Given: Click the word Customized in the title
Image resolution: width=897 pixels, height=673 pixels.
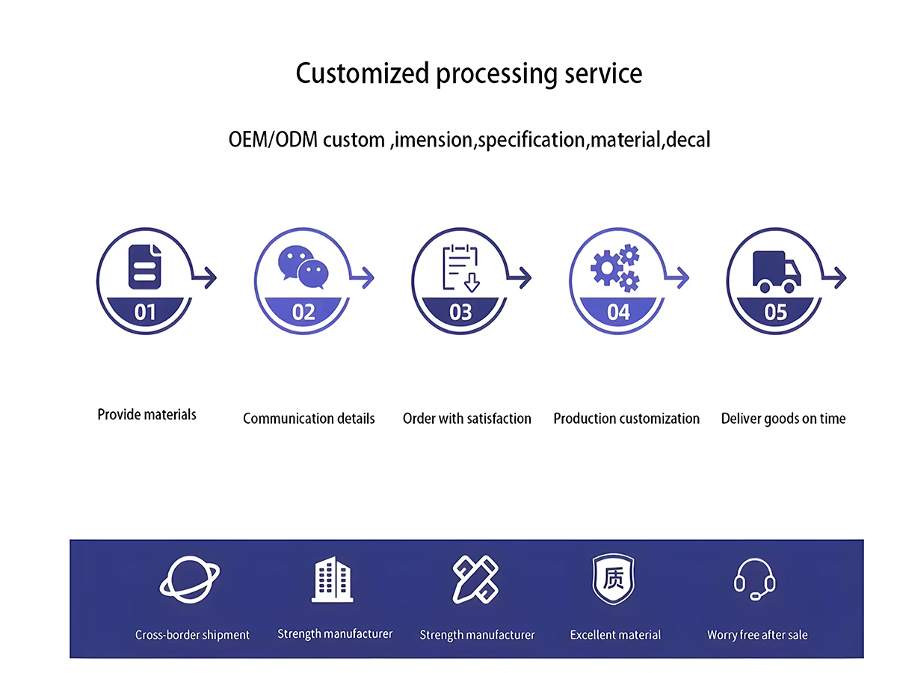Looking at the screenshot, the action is tap(363, 74).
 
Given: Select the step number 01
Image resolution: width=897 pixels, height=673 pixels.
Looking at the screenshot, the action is tap(145, 311).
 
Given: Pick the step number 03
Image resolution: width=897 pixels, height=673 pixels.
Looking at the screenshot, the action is tap(460, 311).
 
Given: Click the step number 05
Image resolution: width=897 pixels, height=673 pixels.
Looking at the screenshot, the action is tap(776, 311).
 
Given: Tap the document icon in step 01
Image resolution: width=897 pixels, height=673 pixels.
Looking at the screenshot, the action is tap(145, 266).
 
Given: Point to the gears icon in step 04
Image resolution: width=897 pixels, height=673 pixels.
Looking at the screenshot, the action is tap(616, 268).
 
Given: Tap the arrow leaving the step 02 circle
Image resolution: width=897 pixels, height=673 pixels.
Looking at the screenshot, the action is tap(365, 278).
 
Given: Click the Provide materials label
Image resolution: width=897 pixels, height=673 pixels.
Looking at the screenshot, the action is tap(147, 414).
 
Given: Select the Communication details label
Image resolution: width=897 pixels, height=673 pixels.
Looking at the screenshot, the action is tap(309, 419).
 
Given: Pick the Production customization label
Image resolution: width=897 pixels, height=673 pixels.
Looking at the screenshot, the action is tap(626, 419).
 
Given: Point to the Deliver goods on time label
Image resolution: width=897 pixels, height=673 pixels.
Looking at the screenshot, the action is tap(783, 419).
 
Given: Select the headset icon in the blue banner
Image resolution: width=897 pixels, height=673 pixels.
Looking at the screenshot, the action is tap(755, 579).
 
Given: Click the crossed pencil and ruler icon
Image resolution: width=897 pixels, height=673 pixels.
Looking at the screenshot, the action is tap(476, 580).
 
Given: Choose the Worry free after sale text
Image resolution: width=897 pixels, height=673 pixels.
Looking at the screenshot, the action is tap(757, 635).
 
